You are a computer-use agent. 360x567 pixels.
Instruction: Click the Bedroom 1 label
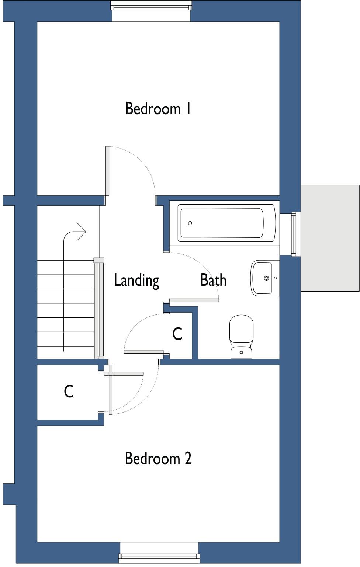158,109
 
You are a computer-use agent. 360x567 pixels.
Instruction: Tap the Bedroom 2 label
158,458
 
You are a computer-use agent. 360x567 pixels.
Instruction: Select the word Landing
136,280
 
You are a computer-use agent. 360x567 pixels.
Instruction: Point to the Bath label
213,280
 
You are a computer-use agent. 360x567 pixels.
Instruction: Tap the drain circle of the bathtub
190,223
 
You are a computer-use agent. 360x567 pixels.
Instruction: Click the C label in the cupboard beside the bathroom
177,334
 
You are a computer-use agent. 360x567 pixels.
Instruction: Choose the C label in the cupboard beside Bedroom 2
69,392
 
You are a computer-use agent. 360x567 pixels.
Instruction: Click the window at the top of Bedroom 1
151,6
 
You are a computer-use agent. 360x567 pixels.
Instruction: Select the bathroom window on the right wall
294,234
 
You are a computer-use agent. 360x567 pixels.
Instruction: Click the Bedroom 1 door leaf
107,171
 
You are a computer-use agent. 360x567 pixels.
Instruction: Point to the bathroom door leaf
194,300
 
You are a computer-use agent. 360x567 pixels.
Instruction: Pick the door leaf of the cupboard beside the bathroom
143,352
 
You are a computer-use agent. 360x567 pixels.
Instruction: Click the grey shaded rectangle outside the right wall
330,238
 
